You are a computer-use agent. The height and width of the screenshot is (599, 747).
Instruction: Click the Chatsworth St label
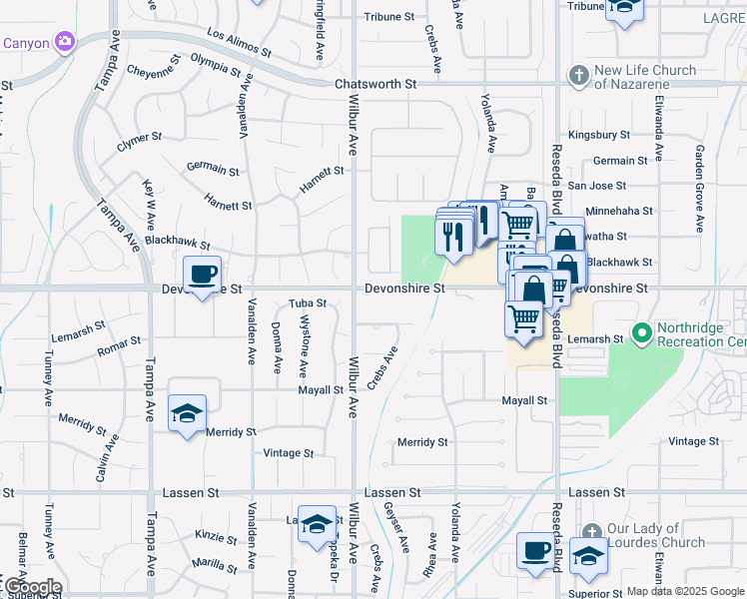click(x=374, y=85)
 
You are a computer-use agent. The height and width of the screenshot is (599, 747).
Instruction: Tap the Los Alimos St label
click(x=239, y=41)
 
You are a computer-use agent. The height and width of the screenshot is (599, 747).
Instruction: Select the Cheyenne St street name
click(x=154, y=71)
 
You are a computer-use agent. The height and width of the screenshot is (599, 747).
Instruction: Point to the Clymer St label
click(x=139, y=138)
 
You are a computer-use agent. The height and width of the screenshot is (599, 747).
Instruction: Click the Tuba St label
click(x=308, y=302)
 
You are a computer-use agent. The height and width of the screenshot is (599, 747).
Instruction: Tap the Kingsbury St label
click(x=598, y=134)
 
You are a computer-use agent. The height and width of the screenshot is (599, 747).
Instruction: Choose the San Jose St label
click(x=596, y=186)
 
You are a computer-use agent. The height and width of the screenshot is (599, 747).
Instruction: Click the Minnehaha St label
click(x=619, y=211)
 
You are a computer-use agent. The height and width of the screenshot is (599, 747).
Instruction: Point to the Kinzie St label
click(x=216, y=536)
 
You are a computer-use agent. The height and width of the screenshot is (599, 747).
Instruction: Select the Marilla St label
click(x=215, y=564)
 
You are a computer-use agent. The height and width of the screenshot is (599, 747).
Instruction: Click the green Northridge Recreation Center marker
click(x=640, y=331)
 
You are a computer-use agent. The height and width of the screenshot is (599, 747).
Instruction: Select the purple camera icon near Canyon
click(x=65, y=42)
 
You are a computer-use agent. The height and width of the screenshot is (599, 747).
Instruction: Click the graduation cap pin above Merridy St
click(x=187, y=412)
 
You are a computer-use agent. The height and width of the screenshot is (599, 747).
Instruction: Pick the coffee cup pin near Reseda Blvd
click(x=534, y=549)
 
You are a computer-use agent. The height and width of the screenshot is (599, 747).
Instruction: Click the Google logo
click(x=32, y=587)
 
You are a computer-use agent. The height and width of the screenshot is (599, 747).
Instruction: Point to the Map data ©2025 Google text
click(x=686, y=591)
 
